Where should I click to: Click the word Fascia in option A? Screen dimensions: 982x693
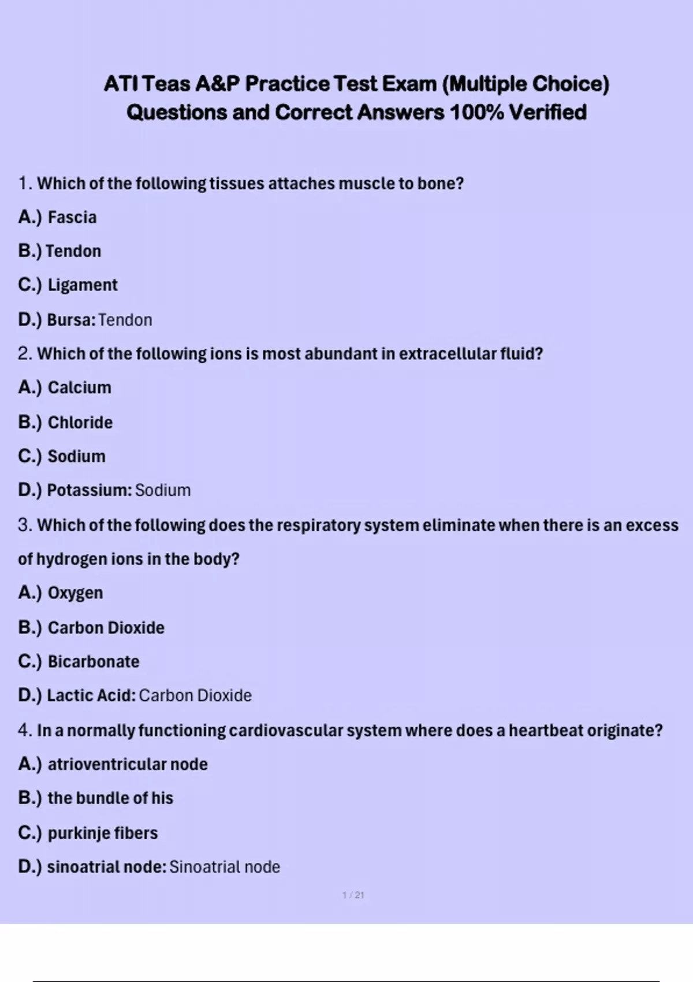tap(72, 217)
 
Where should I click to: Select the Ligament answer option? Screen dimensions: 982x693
tap(82, 285)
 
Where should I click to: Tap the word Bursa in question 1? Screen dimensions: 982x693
tap(69, 319)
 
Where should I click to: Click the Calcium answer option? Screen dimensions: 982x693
tap(79, 388)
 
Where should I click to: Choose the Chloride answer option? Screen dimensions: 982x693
tap(80, 422)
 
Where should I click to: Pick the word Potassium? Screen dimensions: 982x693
tap(89, 490)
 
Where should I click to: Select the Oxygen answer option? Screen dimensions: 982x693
tap(75, 593)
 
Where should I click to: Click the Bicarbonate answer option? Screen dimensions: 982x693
tap(93, 661)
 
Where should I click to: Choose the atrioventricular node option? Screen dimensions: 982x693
tap(127, 764)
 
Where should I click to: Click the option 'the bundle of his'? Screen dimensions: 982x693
tap(110, 798)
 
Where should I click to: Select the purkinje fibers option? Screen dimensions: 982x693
tap(102, 833)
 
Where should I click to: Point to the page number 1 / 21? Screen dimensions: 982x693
tap(353, 895)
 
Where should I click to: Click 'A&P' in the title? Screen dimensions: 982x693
tap(217, 84)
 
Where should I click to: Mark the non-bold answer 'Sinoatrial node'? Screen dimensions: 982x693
tap(224, 867)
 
